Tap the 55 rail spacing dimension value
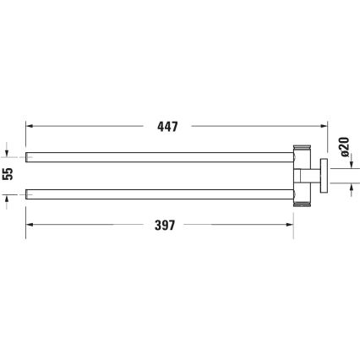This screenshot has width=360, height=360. tap(8, 176)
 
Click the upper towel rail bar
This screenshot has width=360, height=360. tap(161, 156)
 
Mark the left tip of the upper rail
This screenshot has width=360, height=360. tap(30, 156)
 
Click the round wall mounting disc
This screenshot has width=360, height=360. tap(322, 176)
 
